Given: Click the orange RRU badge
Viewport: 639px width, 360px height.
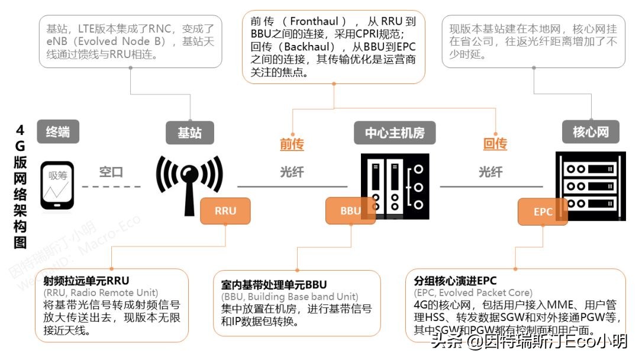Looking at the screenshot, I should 225,211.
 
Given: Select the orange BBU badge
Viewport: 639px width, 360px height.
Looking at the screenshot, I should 350,211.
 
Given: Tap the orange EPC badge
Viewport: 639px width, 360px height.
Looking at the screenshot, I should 543,211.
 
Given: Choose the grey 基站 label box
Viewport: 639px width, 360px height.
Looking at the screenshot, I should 190,133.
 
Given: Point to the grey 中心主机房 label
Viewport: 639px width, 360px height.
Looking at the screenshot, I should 394,133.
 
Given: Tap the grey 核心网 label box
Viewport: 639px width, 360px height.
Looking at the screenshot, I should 590,131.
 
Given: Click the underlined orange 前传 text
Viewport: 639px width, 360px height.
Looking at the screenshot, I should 292,144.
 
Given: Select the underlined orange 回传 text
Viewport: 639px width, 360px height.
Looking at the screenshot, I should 495,144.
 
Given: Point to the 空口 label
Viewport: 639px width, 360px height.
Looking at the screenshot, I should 111,172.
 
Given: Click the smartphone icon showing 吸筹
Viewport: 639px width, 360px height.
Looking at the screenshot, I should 57,185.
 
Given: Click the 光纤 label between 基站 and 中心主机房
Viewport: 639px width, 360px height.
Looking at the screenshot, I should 292,172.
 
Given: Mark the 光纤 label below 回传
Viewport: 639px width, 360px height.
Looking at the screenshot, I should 490,172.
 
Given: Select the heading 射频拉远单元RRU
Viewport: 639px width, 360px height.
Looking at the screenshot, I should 86,280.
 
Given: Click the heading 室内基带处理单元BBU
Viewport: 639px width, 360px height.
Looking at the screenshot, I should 273,285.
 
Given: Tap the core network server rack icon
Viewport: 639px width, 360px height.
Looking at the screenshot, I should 590,185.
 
